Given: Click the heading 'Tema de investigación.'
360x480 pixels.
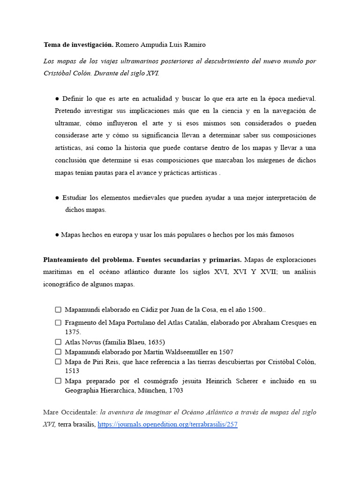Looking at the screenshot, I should tap(78, 45).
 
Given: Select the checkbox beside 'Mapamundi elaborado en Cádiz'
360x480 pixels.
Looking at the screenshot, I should tap(58, 310).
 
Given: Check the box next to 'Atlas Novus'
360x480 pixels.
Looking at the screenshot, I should tap(58, 342).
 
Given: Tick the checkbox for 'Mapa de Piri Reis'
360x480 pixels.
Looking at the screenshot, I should tap(58, 361).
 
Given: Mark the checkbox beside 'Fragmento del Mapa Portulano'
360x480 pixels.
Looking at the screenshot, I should tap(58, 322).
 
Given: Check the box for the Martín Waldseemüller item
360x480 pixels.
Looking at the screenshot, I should tap(58, 352).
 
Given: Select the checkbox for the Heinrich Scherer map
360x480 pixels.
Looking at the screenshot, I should tap(58, 381).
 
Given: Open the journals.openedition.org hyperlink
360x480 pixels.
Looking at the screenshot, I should tap(167, 425).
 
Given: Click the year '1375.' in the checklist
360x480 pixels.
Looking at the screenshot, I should tap(73, 332).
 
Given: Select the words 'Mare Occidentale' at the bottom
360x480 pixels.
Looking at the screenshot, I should tap(69, 412).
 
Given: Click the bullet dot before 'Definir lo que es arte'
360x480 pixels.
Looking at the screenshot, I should tap(57, 98).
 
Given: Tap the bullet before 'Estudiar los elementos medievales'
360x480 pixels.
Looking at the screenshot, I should tap(57, 198).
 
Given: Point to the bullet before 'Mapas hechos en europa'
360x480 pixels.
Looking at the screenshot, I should tap(57, 235).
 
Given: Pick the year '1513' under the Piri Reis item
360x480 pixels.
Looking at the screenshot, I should tap(72, 371).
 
